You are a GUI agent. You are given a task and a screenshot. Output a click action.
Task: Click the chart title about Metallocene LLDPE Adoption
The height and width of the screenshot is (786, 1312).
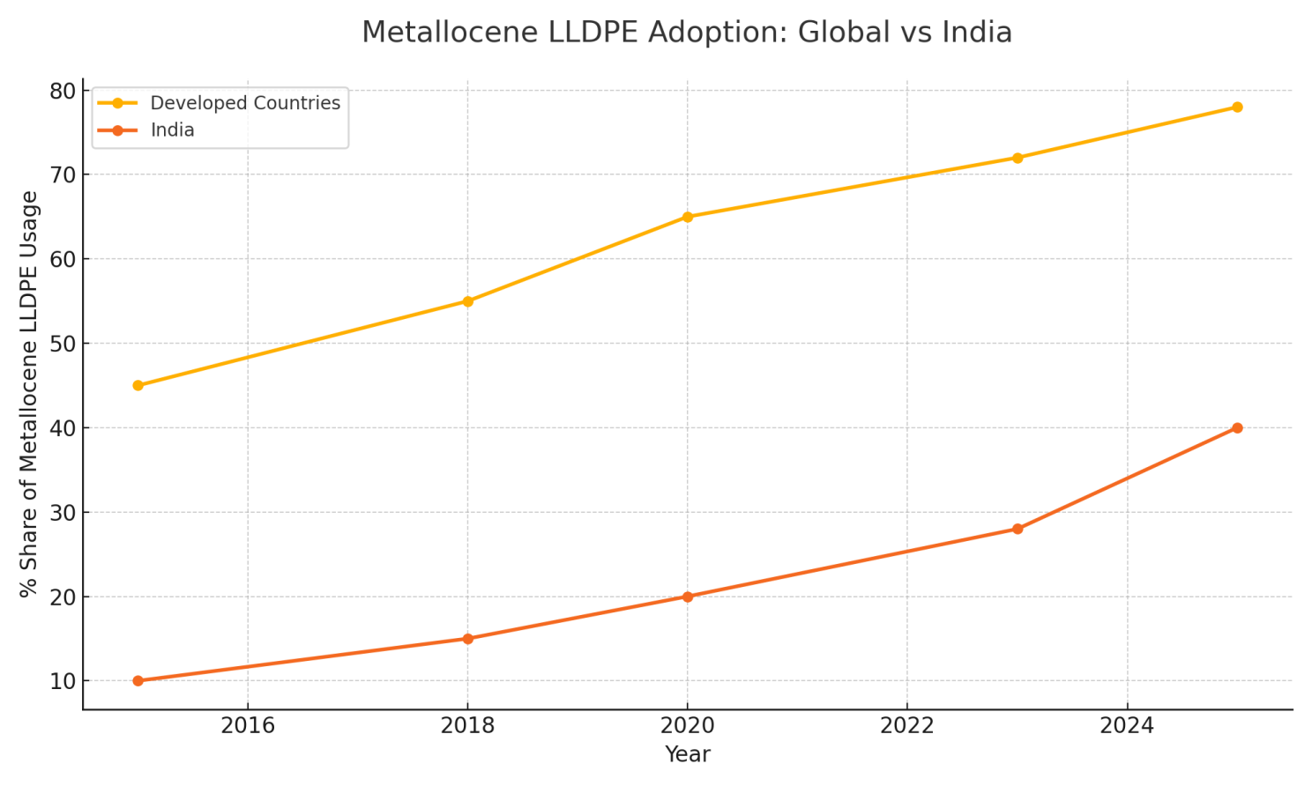pyautogui.click(x=686, y=33)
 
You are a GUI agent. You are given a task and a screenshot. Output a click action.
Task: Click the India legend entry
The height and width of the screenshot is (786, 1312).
pyautogui.click(x=172, y=130)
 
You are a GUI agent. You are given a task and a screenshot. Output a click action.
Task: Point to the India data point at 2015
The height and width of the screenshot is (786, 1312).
pyautogui.click(x=138, y=681)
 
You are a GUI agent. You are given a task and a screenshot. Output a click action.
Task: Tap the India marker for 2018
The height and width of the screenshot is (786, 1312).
pyautogui.click(x=467, y=639)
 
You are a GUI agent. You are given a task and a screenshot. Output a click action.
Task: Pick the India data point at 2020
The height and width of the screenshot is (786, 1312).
pyautogui.click(x=688, y=597)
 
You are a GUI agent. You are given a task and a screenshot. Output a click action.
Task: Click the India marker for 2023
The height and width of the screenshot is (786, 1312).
pyautogui.click(x=1018, y=529)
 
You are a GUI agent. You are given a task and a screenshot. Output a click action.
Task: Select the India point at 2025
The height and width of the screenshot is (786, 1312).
pyautogui.click(x=1237, y=428)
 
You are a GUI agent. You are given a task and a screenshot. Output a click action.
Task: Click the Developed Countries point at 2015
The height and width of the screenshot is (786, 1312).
pyautogui.click(x=138, y=385)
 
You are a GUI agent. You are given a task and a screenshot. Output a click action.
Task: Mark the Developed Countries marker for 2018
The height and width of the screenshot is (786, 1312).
pyautogui.click(x=467, y=301)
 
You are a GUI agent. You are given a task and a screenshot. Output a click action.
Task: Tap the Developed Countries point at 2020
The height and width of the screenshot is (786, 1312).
pyautogui.click(x=688, y=217)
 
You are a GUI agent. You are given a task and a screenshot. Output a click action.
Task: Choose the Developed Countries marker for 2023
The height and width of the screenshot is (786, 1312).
pyautogui.click(x=1018, y=158)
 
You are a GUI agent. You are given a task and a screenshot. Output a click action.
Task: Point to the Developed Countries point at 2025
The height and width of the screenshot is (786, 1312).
pyautogui.click(x=1237, y=108)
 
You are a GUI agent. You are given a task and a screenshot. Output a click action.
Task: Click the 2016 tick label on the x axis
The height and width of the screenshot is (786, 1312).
pyautogui.click(x=248, y=726)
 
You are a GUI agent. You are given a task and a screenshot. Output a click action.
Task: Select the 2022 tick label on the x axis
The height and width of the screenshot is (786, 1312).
pyautogui.click(x=907, y=726)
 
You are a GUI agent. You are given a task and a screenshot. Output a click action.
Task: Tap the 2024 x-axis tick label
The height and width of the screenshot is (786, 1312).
pyautogui.click(x=1127, y=726)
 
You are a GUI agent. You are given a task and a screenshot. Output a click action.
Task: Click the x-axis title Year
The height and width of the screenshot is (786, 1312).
pyautogui.click(x=687, y=754)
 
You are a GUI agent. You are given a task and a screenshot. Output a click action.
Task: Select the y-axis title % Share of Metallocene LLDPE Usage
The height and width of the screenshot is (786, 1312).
pyautogui.click(x=29, y=394)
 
